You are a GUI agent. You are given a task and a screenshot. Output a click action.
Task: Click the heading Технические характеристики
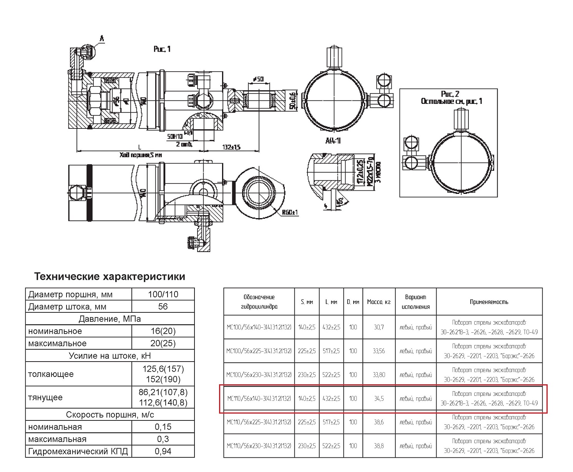[x=110, y=277]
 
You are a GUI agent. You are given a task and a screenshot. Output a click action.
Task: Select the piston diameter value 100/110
[x=163, y=294]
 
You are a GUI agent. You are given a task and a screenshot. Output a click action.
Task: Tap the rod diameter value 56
[x=163, y=307]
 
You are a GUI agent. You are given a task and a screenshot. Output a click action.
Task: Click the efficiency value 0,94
[x=163, y=451]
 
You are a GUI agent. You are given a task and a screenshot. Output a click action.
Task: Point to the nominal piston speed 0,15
[x=163, y=427]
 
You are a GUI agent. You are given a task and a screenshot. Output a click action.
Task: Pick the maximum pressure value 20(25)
[x=163, y=344]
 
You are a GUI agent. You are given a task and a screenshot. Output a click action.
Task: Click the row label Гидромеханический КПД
[x=78, y=451]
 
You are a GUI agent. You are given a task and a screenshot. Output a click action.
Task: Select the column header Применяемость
[x=489, y=302]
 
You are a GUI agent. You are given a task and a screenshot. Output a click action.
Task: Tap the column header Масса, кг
[x=379, y=302]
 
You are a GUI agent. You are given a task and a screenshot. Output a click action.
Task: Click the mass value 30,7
[x=379, y=327]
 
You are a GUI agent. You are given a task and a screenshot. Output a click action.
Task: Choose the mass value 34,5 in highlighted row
[x=379, y=399]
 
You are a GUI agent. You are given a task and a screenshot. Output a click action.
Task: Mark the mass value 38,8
[x=379, y=446]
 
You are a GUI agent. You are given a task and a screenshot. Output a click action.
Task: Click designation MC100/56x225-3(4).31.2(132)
[x=259, y=351]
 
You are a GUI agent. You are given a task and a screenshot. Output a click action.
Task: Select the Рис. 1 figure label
[x=162, y=49]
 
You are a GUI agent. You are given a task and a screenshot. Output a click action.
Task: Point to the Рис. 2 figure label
[x=450, y=94]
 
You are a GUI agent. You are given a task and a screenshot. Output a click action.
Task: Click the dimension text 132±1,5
[x=232, y=147]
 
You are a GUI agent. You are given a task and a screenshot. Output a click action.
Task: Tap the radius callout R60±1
[x=290, y=212]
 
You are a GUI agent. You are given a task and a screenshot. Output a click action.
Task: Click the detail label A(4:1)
[x=333, y=141]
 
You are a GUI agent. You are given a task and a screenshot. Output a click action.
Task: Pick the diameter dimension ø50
[x=258, y=79]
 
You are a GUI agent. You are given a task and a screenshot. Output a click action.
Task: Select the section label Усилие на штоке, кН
[x=110, y=356]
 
